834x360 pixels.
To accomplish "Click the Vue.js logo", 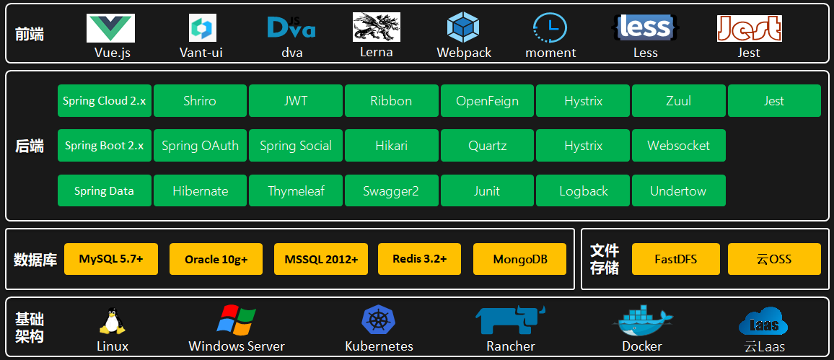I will click(x=110, y=28).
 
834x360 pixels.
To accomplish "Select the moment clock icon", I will click(x=550, y=28).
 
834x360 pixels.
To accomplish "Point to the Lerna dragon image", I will click(x=376, y=27).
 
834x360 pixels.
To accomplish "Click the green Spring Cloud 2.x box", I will click(x=105, y=101).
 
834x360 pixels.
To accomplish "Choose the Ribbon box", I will click(x=391, y=101).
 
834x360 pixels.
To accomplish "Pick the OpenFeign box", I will click(x=487, y=101).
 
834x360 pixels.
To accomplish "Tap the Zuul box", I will click(x=678, y=101).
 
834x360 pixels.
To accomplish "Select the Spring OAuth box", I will click(x=200, y=146).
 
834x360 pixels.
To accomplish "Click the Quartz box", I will click(x=487, y=146).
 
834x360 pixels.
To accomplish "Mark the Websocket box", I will click(x=678, y=146).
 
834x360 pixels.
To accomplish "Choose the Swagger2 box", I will click(x=391, y=191).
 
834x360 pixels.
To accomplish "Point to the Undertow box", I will click(x=678, y=191).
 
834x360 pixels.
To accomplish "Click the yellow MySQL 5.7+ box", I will click(x=111, y=259).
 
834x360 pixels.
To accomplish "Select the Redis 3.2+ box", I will click(x=420, y=259).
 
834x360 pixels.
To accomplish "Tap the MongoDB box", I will click(x=519, y=259).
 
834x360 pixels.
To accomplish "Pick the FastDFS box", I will click(x=676, y=259).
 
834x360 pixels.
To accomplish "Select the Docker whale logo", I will click(x=641, y=321).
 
